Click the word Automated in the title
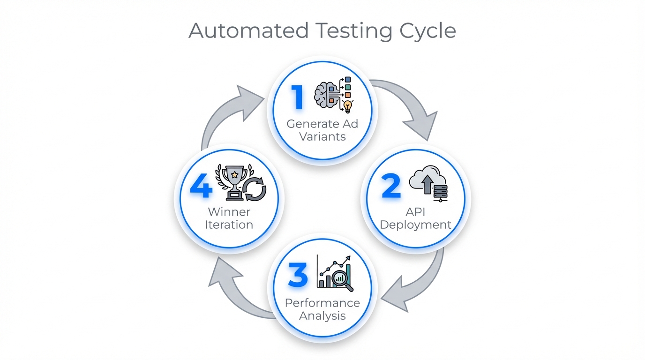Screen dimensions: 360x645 click(x=248, y=31)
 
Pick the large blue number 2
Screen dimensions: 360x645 click(x=391, y=186)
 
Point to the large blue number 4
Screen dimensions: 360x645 click(x=201, y=187)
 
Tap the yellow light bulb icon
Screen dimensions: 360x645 click(x=347, y=106)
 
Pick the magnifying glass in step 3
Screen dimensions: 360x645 click(x=341, y=280)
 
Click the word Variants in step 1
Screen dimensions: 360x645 click(x=322, y=137)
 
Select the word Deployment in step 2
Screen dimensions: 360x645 click(x=415, y=225)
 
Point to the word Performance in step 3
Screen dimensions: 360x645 click(x=322, y=303)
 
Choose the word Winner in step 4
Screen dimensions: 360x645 click(x=229, y=212)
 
